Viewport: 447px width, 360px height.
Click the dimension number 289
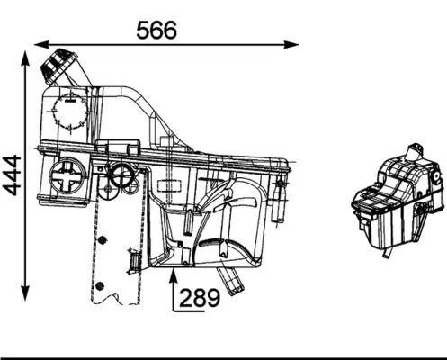pyautogui.click(x=200, y=297)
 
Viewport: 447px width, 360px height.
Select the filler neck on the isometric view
pyautogui.click(x=416, y=151)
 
